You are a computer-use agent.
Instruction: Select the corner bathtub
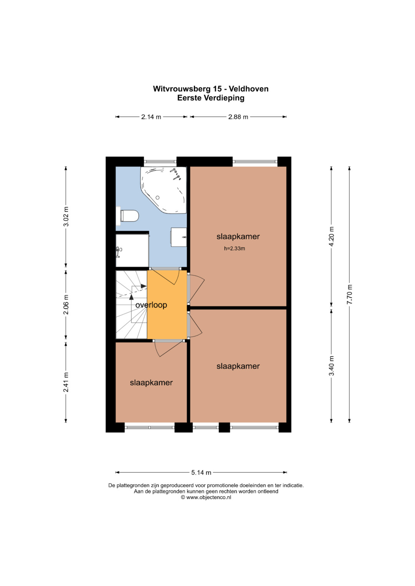[163, 190]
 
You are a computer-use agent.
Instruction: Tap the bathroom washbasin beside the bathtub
[179, 237]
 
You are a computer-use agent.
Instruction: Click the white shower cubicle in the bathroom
[132, 250]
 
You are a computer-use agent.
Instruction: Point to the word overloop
[151, 305]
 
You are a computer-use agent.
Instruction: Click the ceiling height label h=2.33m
[234, 249]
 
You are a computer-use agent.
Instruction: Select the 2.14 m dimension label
[151, 117]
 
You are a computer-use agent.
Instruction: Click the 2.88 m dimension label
[238, 117]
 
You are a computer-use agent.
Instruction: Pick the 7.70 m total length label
[350, 294]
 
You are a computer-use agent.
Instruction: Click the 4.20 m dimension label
[331, 236]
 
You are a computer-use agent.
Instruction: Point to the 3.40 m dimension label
[331, 365]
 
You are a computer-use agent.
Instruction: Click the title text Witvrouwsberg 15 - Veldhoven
[211, 89]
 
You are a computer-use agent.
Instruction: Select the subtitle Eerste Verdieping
[211, 98]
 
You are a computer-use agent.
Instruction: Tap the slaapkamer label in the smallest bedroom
[151, 383]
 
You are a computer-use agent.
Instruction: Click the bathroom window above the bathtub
[160, 162]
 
